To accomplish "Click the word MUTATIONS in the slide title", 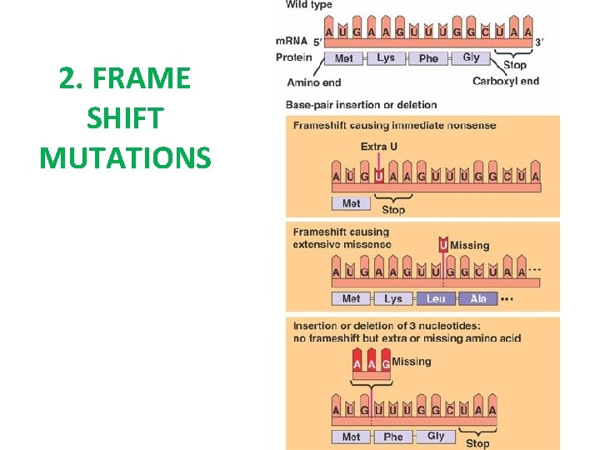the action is click(x=125, y=157).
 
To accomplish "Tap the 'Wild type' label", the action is click(x=308, y=5).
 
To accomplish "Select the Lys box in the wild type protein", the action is click(x=386, y=58).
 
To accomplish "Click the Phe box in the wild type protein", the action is click(x=428, y=58).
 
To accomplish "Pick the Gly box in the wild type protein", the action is click(x=471, y=58).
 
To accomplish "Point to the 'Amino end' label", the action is click(x=313, y=82).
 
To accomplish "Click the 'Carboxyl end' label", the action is click(x=505, y=81).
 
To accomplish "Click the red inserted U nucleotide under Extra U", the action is click(x=379, y=176).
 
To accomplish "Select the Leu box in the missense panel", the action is click(x=435, y=298).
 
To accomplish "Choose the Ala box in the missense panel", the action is click(x=477, y=298).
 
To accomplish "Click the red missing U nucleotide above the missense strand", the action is click(x=443, y=245).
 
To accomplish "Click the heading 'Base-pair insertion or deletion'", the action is click(x=361, y=105).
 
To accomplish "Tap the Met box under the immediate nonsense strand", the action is click(x=351, y=203).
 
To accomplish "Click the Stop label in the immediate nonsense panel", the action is click(x=392, y=209).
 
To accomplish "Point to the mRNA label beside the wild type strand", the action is click(x=292, y=42).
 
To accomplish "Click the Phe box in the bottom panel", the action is click(x=392, y=437).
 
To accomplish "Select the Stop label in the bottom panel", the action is click(x=477, y=443).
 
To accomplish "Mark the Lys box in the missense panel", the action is click(x=392, y=298).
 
